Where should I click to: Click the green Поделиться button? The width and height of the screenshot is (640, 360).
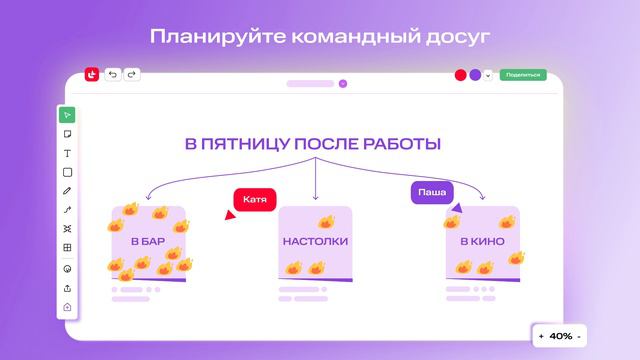(x=523, y=74)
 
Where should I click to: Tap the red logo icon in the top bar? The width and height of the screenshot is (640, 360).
(x=92, y=74)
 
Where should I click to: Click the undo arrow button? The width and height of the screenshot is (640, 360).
(x=112, y=74)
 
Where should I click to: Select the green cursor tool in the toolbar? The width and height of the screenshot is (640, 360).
(x=67, y=115)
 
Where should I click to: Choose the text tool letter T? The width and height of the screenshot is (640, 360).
(x=67, y=153)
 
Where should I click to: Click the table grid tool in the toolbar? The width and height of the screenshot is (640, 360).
(x=67, y=247)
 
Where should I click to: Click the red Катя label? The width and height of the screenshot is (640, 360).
(x=254, y=199)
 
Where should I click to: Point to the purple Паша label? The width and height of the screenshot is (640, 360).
(x=432, y=192)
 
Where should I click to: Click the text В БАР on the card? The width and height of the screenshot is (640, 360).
(x=147, y=241)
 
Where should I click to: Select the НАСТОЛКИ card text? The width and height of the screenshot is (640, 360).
(x=315, y=241)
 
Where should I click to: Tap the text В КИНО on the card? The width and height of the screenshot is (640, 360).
(x=481, y=241)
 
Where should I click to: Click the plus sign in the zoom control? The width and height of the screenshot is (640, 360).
(x=541, y=336)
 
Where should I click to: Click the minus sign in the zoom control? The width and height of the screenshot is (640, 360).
(x=579, y=336)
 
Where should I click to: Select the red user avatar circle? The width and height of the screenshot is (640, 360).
(x=461, y=74)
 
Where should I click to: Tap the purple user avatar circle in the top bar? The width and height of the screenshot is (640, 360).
(x=475, y=74)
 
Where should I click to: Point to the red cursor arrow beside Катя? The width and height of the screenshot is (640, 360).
(x=229, y=215)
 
